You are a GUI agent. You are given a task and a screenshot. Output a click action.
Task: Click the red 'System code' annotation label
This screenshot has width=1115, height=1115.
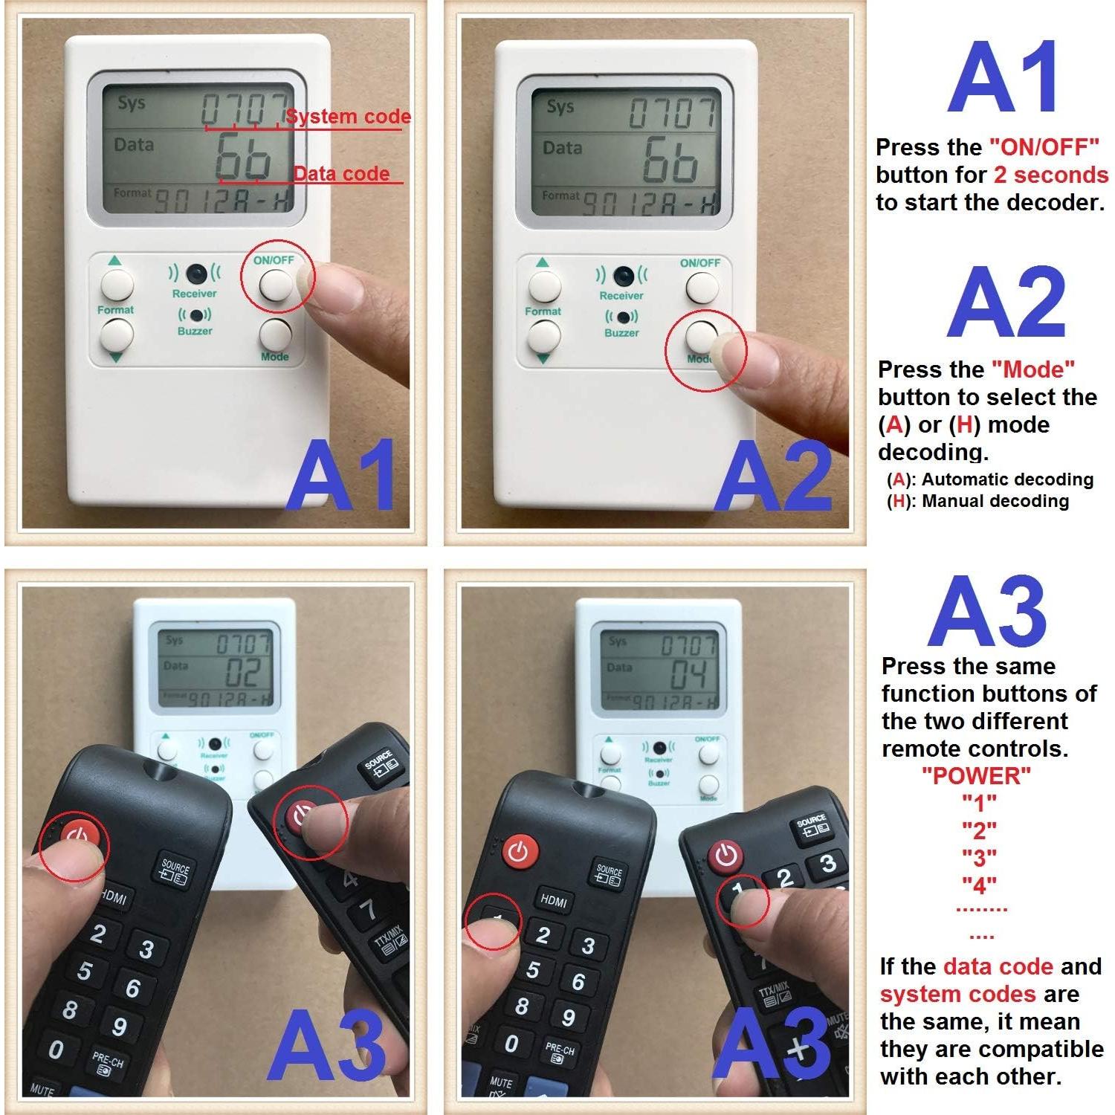[348, 117]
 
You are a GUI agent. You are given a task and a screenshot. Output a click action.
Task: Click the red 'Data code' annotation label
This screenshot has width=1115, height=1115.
[341, 174]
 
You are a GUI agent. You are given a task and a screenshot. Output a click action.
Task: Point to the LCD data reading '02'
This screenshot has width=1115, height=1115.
[242, 673]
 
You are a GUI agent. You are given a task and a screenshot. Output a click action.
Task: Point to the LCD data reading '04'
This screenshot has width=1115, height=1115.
[688, 675]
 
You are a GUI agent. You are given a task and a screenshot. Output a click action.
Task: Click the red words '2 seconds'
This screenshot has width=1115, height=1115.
[1050, 175]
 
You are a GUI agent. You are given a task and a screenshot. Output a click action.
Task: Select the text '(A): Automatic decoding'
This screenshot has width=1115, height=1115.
[989, 479]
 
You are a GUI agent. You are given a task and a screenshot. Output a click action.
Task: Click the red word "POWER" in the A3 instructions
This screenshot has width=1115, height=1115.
[976, 776]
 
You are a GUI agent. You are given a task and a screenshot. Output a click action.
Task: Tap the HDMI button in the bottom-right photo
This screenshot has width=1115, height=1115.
[554, 900]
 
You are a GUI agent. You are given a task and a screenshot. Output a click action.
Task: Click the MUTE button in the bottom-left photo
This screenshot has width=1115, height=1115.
[42, 1091]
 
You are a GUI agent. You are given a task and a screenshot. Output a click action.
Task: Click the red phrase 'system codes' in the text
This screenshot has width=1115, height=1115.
[957, 995]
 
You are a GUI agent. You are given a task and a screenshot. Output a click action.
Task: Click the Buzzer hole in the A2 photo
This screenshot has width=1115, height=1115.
[621, 318]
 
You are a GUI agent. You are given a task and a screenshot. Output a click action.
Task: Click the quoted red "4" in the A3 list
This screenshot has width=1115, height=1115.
[979, 885]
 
